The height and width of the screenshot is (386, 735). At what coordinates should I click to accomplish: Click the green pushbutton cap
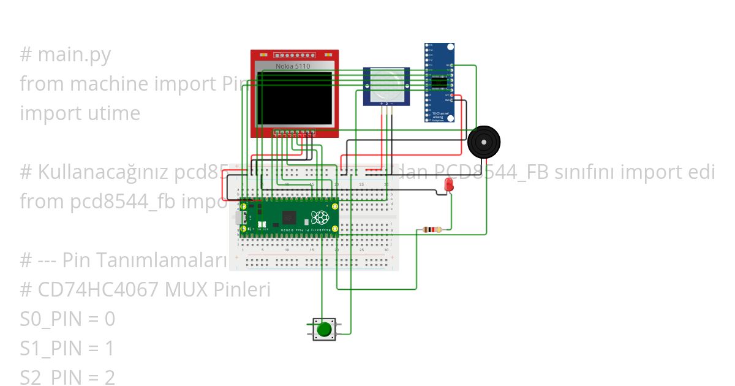tap(323, 330)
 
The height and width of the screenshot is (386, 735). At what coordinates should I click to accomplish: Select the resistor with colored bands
tap(432, 230)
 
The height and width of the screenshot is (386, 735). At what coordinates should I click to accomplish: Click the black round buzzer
tap(483, 143)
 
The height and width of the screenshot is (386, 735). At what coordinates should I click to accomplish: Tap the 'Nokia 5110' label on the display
tap(293, 66)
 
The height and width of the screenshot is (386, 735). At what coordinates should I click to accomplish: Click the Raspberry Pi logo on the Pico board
tap(320, 218)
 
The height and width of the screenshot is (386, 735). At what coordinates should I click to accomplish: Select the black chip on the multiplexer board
tap(439, 81)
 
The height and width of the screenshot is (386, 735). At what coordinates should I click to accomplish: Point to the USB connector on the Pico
tap(239, 218)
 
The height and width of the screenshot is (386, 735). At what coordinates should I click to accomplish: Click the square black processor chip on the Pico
tap(289, 218)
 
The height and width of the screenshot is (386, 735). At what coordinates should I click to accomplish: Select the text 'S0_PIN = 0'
tap(67, 319)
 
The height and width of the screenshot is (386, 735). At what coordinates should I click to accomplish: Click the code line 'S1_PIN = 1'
tap(67, 349)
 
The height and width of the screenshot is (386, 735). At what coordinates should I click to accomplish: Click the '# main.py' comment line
tap(65, 55)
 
